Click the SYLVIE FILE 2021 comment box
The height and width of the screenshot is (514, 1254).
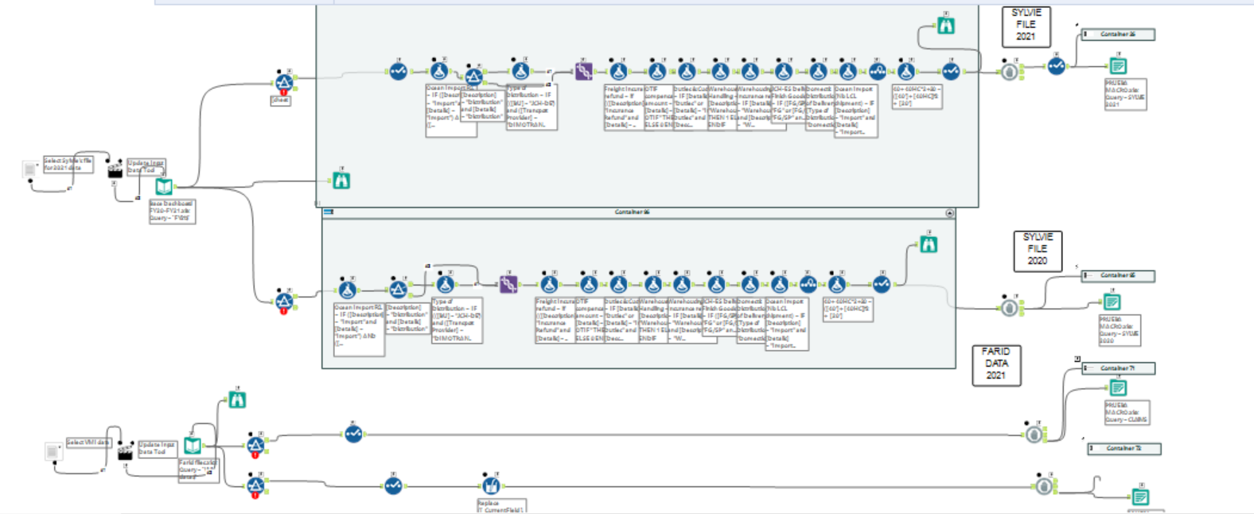point(1026,25)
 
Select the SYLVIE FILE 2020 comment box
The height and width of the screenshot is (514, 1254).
point(1037,250)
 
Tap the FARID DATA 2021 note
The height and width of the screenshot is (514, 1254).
point(996,364)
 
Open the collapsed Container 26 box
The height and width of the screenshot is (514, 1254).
point(1117,34)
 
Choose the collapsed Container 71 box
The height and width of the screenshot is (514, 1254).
point(1118,368)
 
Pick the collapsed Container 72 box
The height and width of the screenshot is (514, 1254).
point(1124,449)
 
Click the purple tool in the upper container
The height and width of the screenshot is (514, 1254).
point(584,72)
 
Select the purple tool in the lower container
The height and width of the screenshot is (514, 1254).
point(508,284)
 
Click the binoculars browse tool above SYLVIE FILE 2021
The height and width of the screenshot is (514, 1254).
point(945,26)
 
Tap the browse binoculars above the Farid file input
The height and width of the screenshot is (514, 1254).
point(237,400)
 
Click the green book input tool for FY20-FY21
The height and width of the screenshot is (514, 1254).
point(164,187)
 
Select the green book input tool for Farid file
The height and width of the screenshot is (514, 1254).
point(193,446)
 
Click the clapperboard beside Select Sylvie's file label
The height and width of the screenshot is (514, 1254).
point(115,170)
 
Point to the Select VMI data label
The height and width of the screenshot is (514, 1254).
point(88,442)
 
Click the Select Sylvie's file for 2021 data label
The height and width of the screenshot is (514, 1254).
point(68,164)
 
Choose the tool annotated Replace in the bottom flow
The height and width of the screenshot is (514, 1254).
point(491,484)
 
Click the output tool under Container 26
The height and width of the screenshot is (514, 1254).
point(1118,66)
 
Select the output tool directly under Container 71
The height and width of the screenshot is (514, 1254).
point(1118,388)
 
